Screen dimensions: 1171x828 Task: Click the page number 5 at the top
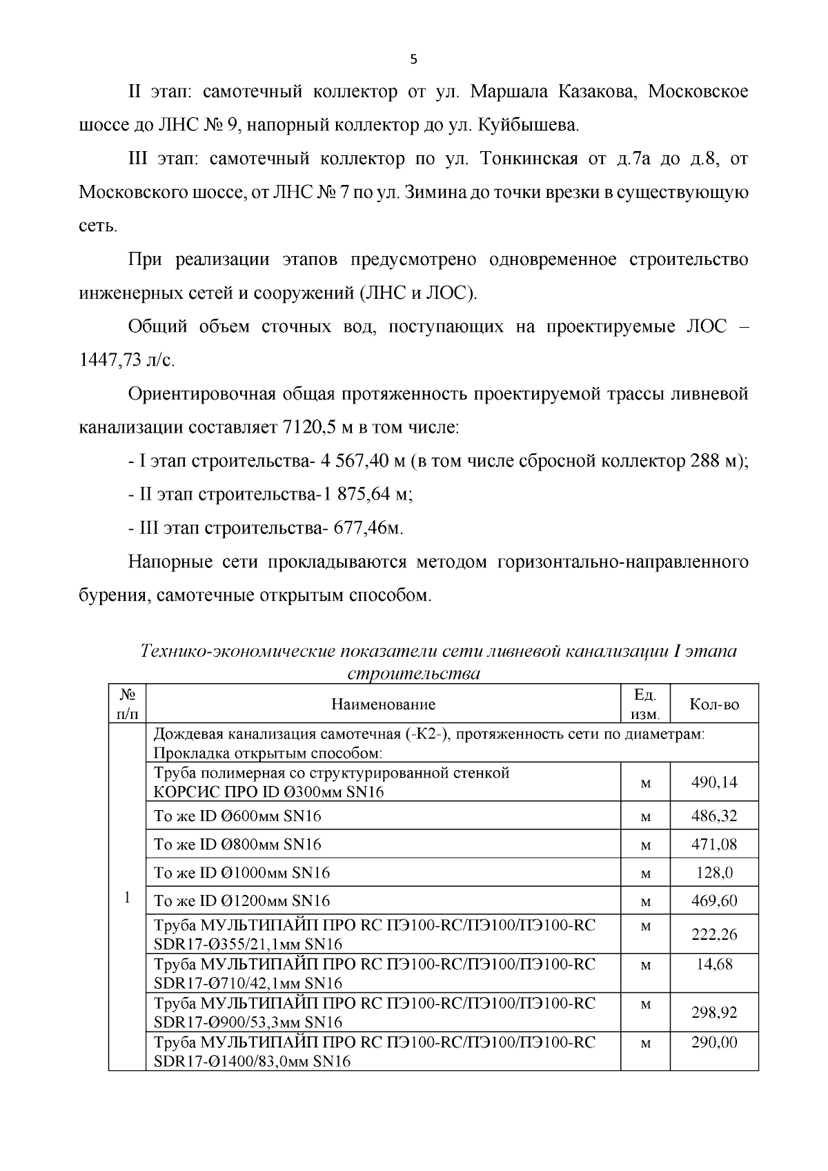pos(413,59)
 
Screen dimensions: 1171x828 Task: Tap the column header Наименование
pos(384,705)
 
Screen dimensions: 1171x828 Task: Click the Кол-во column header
pos(714,705)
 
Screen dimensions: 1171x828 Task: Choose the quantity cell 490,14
pos(714,782)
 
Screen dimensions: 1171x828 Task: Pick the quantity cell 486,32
pos(714,816)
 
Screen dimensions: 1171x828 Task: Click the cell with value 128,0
pos(714,872)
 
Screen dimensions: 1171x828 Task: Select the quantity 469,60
pos(714,901)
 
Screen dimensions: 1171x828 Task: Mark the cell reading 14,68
pos(714,964)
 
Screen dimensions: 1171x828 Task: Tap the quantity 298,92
pos(714,1012)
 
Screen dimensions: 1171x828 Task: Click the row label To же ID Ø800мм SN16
pos(237,844)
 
